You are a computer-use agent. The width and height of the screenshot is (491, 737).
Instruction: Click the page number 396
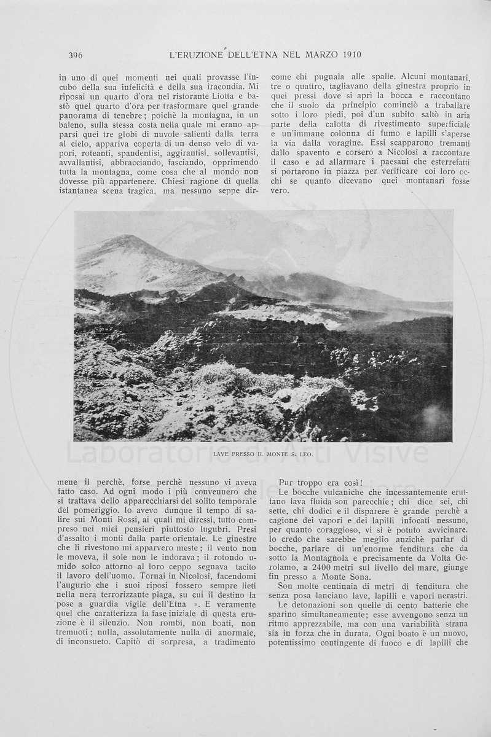point(76,56)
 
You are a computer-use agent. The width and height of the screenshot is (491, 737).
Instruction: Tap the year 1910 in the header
point(348,56)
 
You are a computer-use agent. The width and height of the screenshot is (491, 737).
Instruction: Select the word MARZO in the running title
point(314,56)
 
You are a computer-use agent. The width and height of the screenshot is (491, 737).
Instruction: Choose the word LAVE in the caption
point(222,454)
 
